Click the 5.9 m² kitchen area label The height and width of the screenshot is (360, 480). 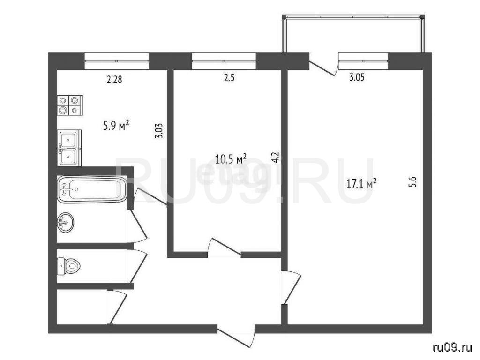(x=116, y=126)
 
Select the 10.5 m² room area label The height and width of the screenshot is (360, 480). (x=231, y=159)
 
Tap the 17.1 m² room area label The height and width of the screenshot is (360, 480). (x=361, y=184)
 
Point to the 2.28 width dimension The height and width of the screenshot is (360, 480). (x=114, y=80)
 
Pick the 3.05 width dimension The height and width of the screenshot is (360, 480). (x=357, y=77)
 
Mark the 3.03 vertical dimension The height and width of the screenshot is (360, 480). (x=159, y=131)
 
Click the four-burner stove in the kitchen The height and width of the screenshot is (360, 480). (x=70, y=105)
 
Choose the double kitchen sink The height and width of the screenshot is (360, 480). (x=69, y=148)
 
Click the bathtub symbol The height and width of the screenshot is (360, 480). (x=92, y=189)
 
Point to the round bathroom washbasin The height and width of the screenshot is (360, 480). (x=65, y=222)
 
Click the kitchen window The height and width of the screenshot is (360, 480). (x=117, y=61)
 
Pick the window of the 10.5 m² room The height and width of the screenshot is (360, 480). (x=224, y=61)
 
